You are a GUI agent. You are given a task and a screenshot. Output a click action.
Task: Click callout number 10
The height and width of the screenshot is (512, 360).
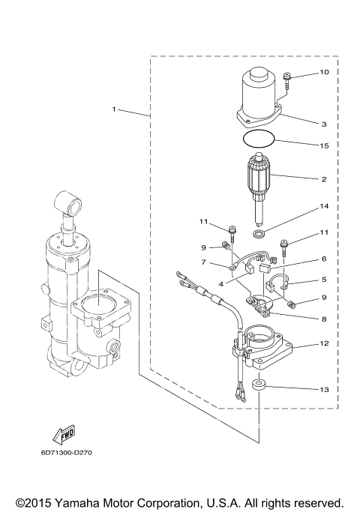click(324, 73)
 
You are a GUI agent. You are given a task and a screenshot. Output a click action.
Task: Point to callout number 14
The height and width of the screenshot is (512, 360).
click(324, 205)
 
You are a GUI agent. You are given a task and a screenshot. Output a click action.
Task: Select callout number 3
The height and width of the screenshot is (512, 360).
click(324, 124)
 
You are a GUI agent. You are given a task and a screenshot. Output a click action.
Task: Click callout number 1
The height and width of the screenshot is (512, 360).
click(114, 109)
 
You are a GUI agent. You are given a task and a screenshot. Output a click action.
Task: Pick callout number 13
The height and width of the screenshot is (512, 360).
click(324, 390)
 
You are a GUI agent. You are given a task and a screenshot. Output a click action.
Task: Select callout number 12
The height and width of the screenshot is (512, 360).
click(324, 343)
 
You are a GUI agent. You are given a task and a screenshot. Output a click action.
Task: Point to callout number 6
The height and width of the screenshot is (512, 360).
click(324, 259)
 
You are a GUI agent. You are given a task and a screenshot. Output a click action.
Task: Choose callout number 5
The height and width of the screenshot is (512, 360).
click(324, 280)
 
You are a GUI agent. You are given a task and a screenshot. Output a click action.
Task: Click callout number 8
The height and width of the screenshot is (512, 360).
click(324, 318)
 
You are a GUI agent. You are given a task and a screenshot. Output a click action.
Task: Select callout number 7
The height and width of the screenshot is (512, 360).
click(202, 262)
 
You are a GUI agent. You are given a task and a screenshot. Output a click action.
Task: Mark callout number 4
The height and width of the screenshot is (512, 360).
click(221, 285)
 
